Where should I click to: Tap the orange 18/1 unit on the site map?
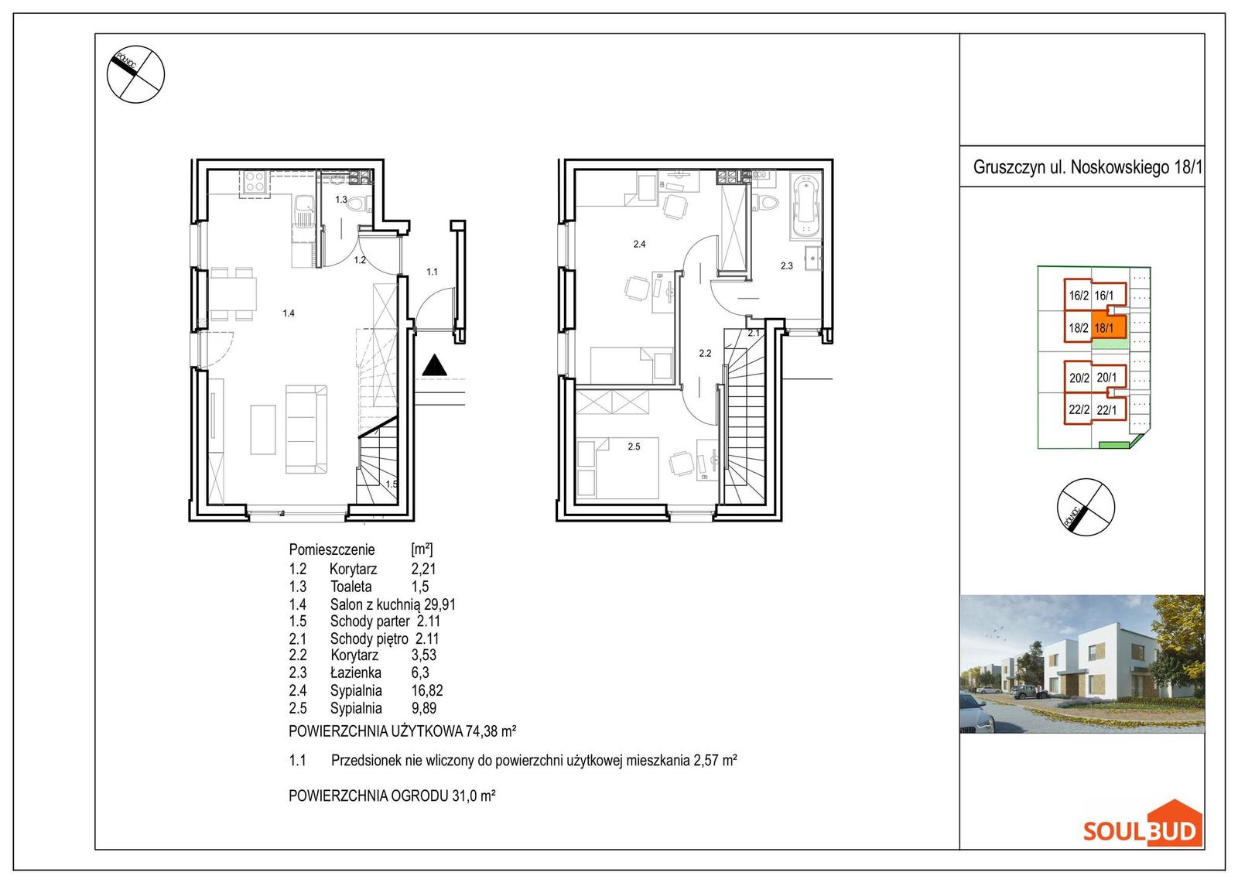(1107, 327)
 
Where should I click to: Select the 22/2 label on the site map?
(1079, 409)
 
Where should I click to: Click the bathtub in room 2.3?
(805, 206)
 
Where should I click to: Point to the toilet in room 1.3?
(361, 204)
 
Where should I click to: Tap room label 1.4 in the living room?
(289, 313)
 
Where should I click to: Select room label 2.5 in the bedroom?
(634, 447)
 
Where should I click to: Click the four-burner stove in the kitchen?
(255, 181)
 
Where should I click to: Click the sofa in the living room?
(306, 430)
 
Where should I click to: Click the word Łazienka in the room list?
(355, 673)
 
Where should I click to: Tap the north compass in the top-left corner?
(136, 74)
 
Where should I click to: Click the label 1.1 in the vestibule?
(432, 272)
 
